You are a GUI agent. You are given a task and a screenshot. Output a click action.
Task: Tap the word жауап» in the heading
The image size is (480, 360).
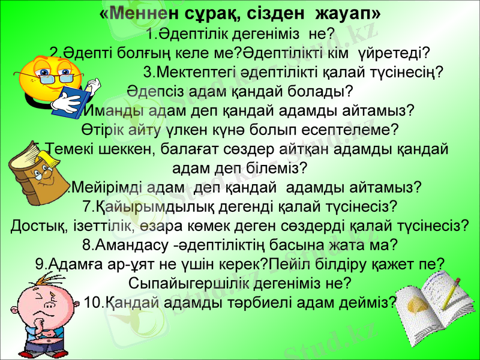click(347, 13)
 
